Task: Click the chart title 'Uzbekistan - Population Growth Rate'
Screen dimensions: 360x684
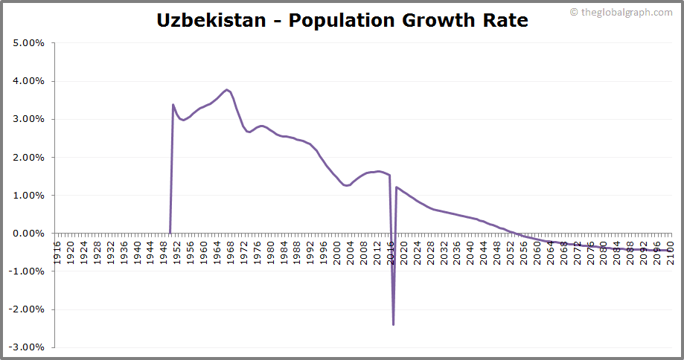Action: pyautogui.click(x=342, y=20)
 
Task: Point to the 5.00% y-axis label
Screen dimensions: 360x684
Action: pyautogui.click(x=30, y=43)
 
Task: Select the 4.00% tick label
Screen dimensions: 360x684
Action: pyautogui.click(x=30, y=81)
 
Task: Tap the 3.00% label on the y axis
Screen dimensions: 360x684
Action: pyautogui.click(x=30, y=119)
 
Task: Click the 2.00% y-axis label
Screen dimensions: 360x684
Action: pyautogui.click(x=30, y=158)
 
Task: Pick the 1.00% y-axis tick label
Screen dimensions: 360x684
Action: pyautogui.click(x=30, y=196)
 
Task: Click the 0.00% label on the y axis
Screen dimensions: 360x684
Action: pyautogui.click(x=30, y=234)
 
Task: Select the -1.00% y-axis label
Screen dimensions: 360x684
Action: pyautogui.click(x=28, y=271)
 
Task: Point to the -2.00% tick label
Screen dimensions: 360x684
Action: pyautogui.click(x=28, y=309)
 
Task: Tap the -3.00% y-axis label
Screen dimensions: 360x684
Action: pyautogui.click(x=28, y=347)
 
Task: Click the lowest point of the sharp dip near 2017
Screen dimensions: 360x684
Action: pyautogui.click(x=393, y=324)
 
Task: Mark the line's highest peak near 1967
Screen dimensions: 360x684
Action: pyautogui.click(x=227, y=90)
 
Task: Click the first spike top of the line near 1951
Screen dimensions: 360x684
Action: pyautogui.click(x=173, y=105)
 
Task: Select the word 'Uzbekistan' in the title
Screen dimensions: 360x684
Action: pyautogui.click(x=211, y=20)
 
